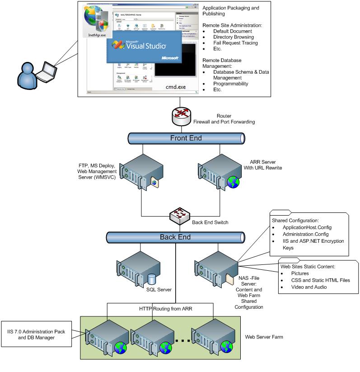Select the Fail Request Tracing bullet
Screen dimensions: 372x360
click(x=235, y=43)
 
